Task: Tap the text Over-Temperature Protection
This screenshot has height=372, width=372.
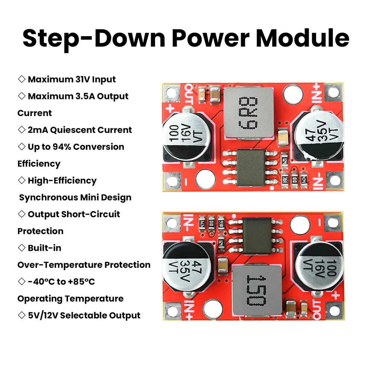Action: tap(84, 264)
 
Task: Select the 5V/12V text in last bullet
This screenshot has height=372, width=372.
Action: tap(42, 315)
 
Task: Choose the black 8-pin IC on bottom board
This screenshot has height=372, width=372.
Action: tap(257, 235)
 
